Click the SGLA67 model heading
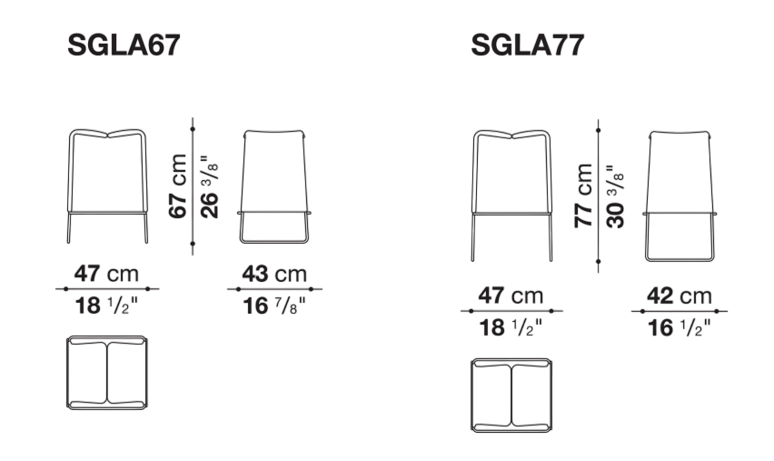point(124,45)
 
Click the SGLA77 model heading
point(528,45)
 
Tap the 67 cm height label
point(178,185)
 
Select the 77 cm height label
point(583,195)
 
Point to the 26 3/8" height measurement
point(209,186)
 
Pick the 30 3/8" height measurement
point(615,196)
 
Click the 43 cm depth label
point(274,274)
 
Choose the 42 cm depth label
point(680,296)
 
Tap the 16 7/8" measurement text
point(274,306)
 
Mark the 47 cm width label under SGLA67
point(106,274)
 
